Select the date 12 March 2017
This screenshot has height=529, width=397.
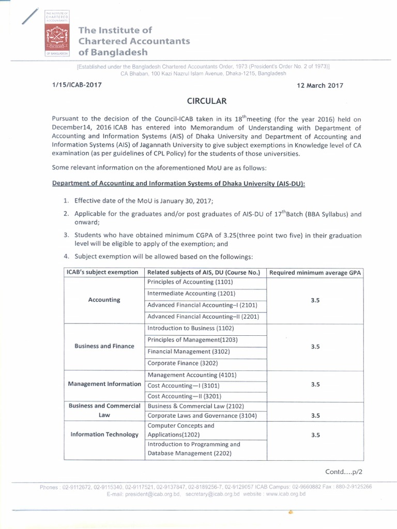pyautogui.click(x=320, y=86)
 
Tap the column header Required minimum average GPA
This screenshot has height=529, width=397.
pyautogui.click(x=315, y=272)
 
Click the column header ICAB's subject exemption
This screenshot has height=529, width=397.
pyautogui.click(x=102, y=272)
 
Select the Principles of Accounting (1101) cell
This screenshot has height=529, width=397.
pyautogui.click(x=190, y=282)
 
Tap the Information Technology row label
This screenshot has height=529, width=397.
pyautogui.click(x=104, y=434)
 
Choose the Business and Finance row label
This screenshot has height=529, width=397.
pyautogui.click(x=104, y=346)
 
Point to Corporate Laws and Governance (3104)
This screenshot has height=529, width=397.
pyautogui.click(x=202, y=415)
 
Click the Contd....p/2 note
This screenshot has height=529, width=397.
pyautogui.click(x=343, y=472)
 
